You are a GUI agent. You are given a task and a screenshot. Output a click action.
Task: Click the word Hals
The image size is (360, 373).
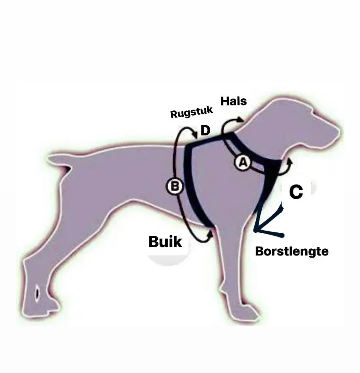coord(234,101)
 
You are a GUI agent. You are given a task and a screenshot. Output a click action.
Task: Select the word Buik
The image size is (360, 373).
coord(165,242)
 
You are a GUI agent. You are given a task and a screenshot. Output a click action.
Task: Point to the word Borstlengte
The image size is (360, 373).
coord(292,251)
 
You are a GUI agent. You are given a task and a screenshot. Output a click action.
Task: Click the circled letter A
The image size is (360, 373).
coord(243,163)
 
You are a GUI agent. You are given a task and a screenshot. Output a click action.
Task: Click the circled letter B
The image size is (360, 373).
coord(175,186)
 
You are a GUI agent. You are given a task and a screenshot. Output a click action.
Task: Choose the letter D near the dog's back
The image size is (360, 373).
coord(206,131)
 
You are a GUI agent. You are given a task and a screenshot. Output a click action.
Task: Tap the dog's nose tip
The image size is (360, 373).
coord(340,132)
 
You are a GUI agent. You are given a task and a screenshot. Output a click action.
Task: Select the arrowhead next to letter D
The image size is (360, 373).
coord(196,136)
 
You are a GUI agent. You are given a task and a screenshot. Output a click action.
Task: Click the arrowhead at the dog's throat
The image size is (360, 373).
coord(290,161)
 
